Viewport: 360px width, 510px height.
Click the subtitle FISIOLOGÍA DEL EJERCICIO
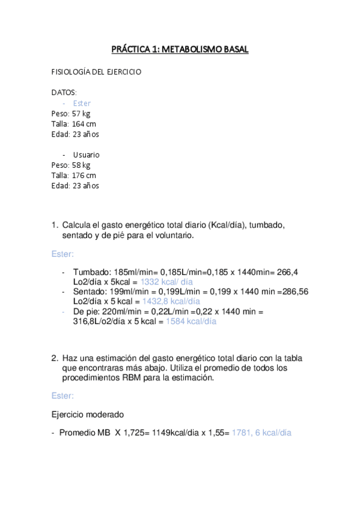pos(96,72)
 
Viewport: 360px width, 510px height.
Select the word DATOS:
pos(64,93)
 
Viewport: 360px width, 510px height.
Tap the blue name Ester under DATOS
pos(82,103)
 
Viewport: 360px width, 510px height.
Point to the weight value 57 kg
pos(81,113)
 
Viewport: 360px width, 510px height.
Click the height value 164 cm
pos(84,123)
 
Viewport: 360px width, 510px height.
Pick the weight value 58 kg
pos(81,165)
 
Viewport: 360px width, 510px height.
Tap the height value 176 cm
pos(84,175)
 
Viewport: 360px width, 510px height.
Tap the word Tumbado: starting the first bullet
pos(90,272)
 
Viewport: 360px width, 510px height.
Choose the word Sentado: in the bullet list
pos(90,291)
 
